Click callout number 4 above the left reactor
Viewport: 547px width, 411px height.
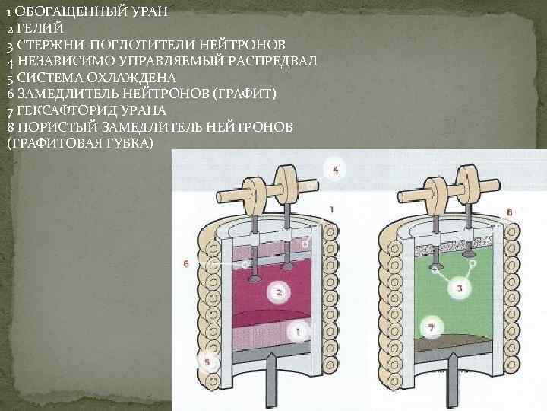coord(336,170)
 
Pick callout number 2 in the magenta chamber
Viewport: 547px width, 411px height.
coord(279,292)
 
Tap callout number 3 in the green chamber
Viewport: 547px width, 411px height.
coord(458,288)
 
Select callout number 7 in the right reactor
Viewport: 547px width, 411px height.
coord(431,328)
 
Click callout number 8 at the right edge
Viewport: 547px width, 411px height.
coord(509,210)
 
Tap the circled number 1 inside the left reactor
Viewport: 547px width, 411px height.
coord(299,332)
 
